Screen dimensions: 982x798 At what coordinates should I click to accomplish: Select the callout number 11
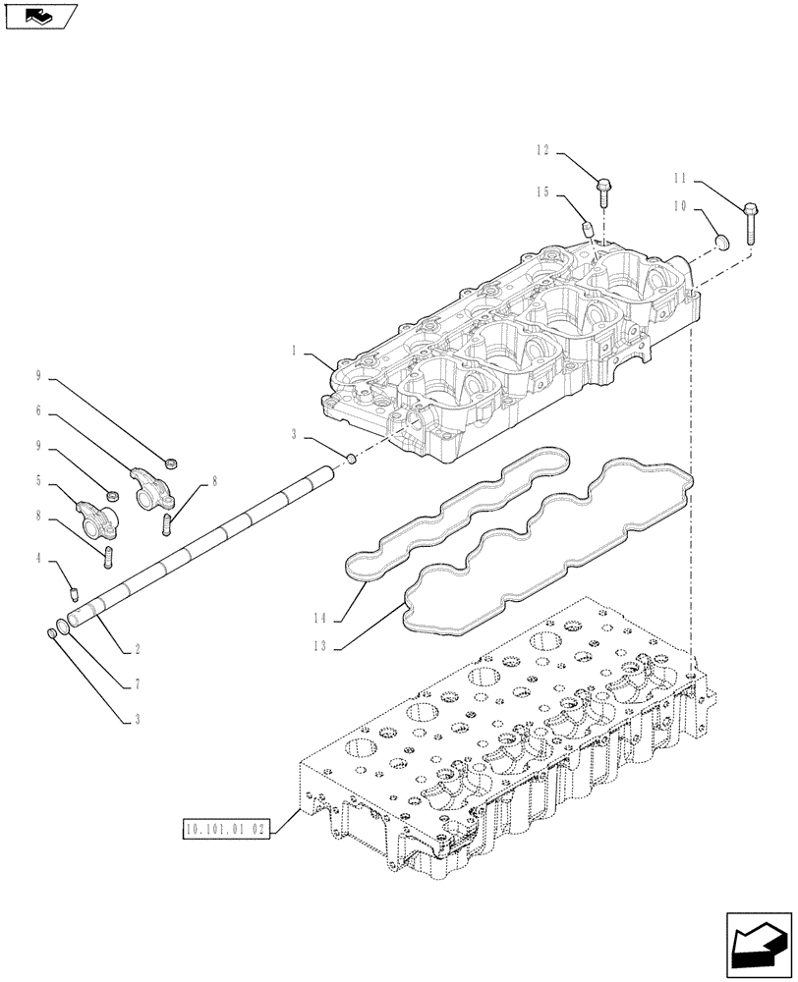click(x=679, y=180)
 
